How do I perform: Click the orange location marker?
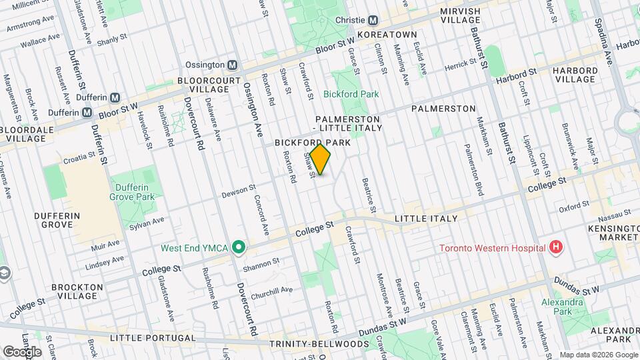point(321,159)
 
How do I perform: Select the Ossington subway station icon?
point(232,65)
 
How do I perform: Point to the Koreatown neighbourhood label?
point(387,35)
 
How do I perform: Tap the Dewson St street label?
point(239,191)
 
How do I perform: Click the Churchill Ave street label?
point(277,290)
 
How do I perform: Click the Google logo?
point(22,351)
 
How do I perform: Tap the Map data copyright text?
point(597,355)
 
